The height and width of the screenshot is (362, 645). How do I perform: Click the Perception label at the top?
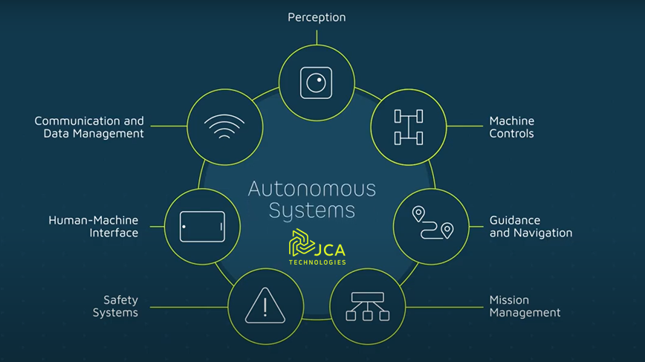click(x=317, y=17)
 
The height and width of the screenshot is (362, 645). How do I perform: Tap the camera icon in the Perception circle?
click(x=316, y=83)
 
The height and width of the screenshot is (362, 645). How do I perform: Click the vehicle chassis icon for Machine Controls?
click(x=408, y=127)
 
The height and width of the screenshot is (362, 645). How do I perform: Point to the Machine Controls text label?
click(x=511, y=127)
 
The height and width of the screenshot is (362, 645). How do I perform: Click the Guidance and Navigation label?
click(x=531, y=227)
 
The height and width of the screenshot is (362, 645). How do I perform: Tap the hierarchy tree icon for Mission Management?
click(x=367, y=306)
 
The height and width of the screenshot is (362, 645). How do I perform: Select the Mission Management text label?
click(x=524, y=306)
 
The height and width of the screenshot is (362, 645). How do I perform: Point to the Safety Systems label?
click(x=116, y=306)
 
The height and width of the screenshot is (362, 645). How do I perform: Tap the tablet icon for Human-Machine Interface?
click(x=202, y=226)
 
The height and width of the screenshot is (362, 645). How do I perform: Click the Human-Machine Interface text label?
click(x=94, y=227)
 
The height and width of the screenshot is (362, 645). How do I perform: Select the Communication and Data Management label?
click(x=89, y=127)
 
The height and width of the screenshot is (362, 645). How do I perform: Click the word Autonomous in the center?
click(x=312, y=189)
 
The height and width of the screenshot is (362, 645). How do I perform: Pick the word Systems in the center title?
click(x=312, y=211)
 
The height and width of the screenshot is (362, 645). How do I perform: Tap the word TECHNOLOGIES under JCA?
click(x=317, y=262)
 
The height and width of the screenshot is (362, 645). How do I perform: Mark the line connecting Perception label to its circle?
click(x=317, y=36)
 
